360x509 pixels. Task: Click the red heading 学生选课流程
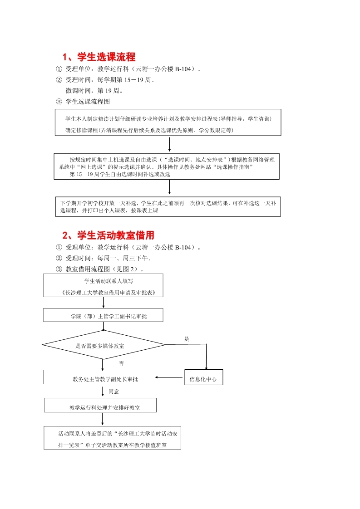(99, 57)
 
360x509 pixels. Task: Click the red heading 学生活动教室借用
(108, 235)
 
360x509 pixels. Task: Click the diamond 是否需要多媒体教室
(104, 346)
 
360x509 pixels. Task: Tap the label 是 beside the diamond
(187, 339)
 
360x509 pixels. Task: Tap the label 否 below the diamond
(121, 363)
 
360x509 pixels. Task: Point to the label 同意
(114, 391)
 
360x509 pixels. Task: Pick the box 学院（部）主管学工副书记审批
(104, 315)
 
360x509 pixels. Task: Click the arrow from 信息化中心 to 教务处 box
(170, 377)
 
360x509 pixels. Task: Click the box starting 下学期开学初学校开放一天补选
(168, 206)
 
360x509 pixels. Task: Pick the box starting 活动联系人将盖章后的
(112, 438)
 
